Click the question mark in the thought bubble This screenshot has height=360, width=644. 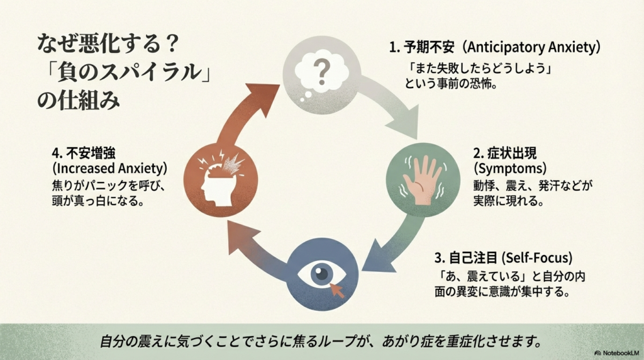(x=321, y=71)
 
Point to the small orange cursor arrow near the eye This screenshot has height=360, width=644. (x=338, y=289)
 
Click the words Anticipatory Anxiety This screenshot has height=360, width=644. (x=533, y=48)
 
